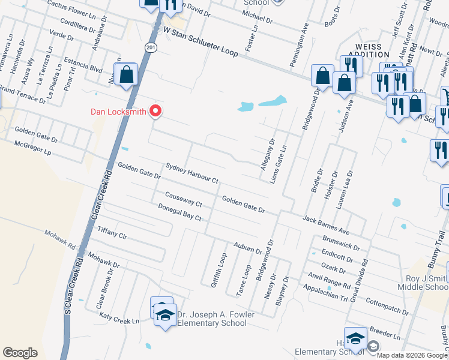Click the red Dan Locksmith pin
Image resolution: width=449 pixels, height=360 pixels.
tap(156, 110)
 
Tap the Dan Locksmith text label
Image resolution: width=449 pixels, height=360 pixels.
tap(119, 111)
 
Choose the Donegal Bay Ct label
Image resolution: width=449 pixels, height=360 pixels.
tap(179, 212)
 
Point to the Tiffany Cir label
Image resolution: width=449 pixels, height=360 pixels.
tap(112, 232)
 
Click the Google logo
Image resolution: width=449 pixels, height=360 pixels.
tap(20, 353)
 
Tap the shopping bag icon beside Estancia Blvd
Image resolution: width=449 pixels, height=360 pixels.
tap(127, 76)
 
